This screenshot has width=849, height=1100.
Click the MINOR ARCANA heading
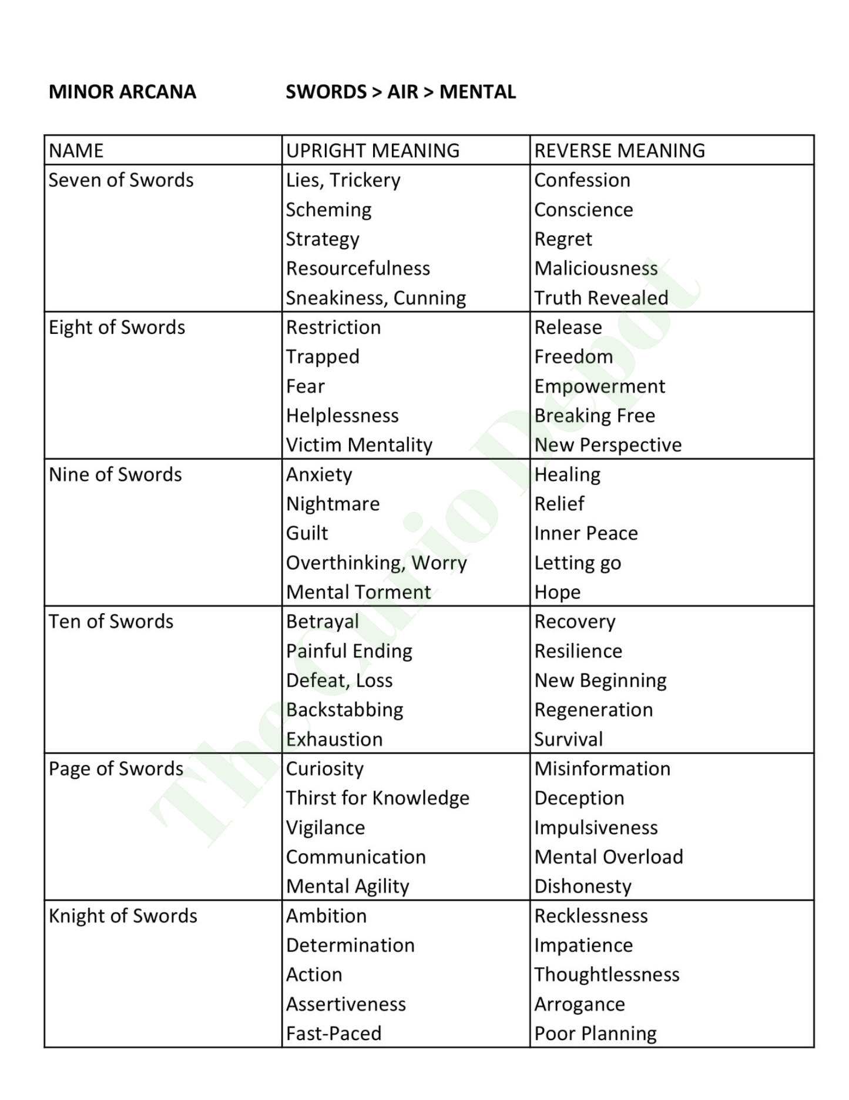122,92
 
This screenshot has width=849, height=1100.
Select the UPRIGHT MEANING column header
373,151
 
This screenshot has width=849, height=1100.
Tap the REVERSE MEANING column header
619,151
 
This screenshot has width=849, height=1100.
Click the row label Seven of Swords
121,180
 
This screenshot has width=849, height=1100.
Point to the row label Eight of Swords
117,327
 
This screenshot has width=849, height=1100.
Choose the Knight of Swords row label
123,916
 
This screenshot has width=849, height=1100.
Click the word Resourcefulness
358,269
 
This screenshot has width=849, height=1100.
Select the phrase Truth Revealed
601,298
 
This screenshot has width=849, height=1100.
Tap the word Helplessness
342,416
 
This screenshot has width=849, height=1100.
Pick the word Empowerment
599,386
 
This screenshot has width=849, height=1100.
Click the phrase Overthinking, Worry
376,563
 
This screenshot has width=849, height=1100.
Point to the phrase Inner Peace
586,533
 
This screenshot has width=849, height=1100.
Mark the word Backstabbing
344,710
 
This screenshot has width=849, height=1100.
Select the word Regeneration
593,710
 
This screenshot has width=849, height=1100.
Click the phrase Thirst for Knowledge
377,798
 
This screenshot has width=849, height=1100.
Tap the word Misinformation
602,769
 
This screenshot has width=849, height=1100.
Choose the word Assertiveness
345,1004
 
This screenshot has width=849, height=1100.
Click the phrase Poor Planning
595,1034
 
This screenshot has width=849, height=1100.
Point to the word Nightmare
333,504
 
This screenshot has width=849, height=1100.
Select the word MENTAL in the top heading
478,92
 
